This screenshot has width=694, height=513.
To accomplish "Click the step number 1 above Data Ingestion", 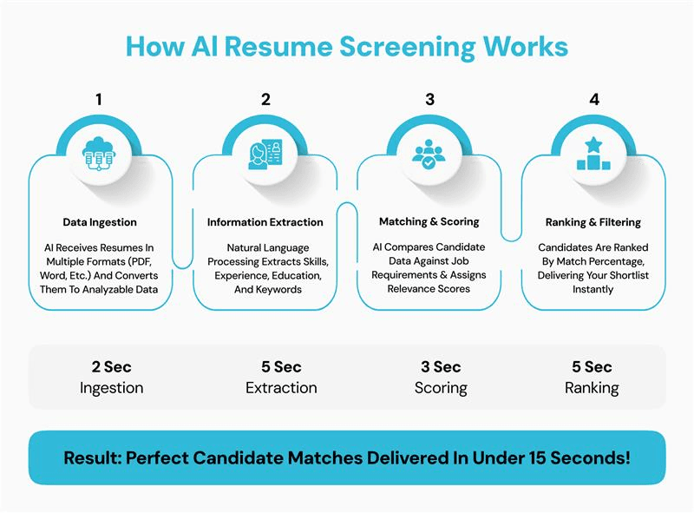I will (98, 100).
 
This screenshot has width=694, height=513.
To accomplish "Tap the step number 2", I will (265, 100).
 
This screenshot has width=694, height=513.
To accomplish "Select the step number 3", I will (429, 100).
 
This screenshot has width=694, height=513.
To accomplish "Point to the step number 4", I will (594, 100).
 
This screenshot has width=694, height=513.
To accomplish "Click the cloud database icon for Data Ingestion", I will (98, 154).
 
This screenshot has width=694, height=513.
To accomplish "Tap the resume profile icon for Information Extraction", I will (265, 154).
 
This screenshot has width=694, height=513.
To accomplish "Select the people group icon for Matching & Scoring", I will (429, 154).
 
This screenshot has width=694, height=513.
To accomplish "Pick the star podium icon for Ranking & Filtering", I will (594, 154).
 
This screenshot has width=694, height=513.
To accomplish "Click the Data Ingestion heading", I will (99, 222).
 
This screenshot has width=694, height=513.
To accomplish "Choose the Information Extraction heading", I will (265, 222).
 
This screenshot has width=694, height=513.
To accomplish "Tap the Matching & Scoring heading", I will (430, 222).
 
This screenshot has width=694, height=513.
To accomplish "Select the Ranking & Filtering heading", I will (594, 222).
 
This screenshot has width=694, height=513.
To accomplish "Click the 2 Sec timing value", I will (112, 367).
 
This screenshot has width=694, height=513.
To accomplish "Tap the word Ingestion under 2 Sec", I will (112, 388).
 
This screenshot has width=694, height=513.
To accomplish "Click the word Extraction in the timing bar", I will (281, 388).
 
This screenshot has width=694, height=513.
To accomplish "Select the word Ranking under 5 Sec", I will (592, 388).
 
